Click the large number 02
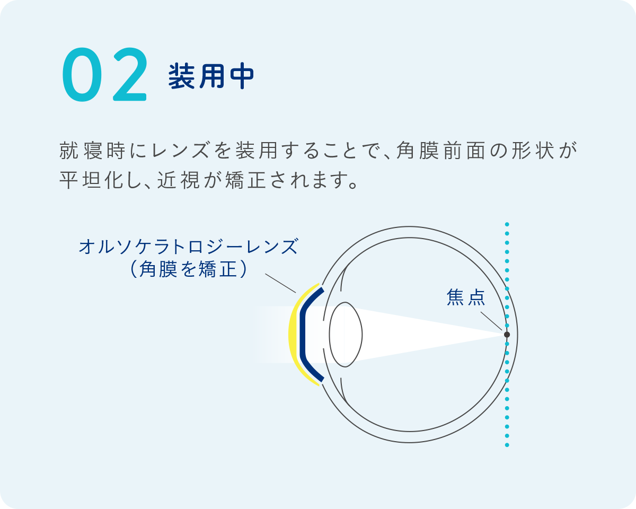click(x=104, y=76)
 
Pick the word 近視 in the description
click(x=179, y=181)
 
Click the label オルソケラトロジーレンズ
click(x=188, y=247)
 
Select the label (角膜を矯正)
click(x=188, y=270)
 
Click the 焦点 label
click(x=466, y=298)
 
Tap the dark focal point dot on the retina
click(x=507, y=335)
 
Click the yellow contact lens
click(x=293, y=334)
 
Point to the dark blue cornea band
click(x=303, y=334)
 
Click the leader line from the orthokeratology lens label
click(x=280, y=284)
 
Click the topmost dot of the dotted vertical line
click(x=507, y=224)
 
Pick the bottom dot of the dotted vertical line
click(x=507, y=445)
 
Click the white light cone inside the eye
click(x=424, y=334)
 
